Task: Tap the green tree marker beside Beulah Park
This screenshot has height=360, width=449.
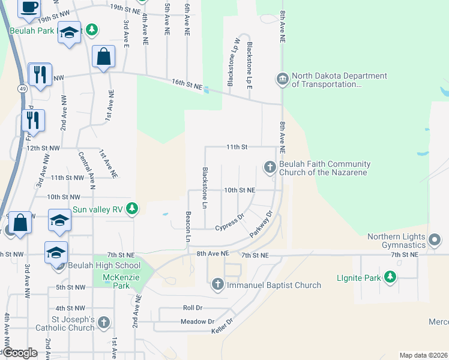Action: pos(91,29)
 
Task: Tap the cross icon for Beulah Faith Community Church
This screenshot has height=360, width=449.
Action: pos(270,166)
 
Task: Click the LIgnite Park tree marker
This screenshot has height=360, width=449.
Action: pos(391,277)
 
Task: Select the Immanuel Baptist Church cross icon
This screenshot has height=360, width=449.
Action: pos(217,284)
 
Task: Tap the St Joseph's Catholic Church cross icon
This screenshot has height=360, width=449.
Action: pos(104,323)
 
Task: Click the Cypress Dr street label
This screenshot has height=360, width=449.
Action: pos(230,224)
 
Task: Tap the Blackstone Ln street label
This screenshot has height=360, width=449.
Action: pos(205,188)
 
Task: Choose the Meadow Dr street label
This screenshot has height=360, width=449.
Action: pos(197,322)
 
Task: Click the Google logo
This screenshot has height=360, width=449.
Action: pos(21,353)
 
